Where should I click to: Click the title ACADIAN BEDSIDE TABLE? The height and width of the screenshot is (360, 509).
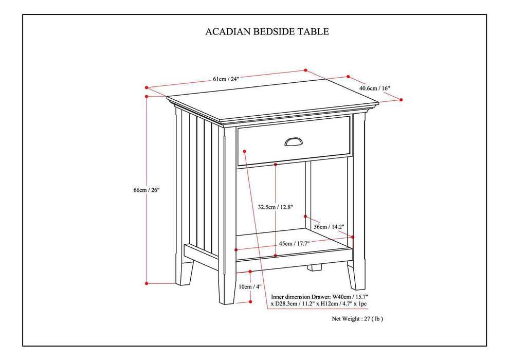[x=267, y=32]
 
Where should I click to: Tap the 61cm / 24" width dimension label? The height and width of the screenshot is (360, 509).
[x=226, y=79]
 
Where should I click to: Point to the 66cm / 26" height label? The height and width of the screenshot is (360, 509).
[x=147, y=190]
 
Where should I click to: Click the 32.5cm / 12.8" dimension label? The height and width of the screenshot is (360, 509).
[x=275, y=207]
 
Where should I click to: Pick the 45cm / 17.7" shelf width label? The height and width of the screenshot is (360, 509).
[x=294, y=244]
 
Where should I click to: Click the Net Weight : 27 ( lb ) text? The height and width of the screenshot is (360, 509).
[x=357, y=319]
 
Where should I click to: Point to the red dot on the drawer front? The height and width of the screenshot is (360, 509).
[x=244, y=151]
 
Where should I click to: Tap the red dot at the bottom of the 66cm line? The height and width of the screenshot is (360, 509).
[x=147, y=283]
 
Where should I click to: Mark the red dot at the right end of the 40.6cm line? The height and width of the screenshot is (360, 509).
[x=401, y=100]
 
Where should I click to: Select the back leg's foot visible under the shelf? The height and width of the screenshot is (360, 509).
[x=315, y=268]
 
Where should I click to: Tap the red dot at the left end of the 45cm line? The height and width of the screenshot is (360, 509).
[x=235, y=250]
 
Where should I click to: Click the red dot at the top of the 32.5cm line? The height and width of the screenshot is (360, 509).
[x=276, y=165]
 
